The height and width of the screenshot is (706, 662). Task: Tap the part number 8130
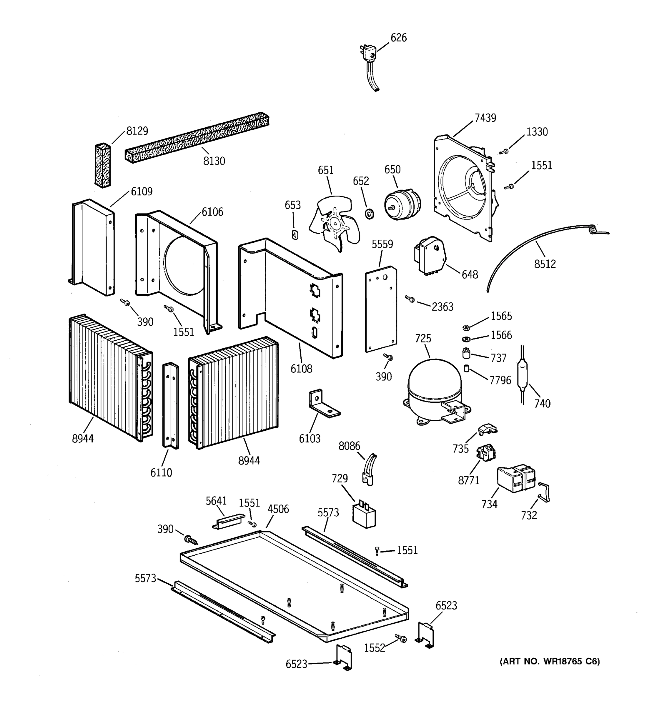click(x=214, y=161)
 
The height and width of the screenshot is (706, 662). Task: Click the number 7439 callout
click(x=485, y=118)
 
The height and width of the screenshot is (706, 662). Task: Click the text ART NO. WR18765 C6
click(x=549, y=661)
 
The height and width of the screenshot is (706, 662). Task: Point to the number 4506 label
click(x=278, y=509)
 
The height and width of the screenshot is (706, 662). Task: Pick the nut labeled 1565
click(x=466, y=327)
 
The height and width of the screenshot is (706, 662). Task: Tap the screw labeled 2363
click(x=410, y=299)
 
